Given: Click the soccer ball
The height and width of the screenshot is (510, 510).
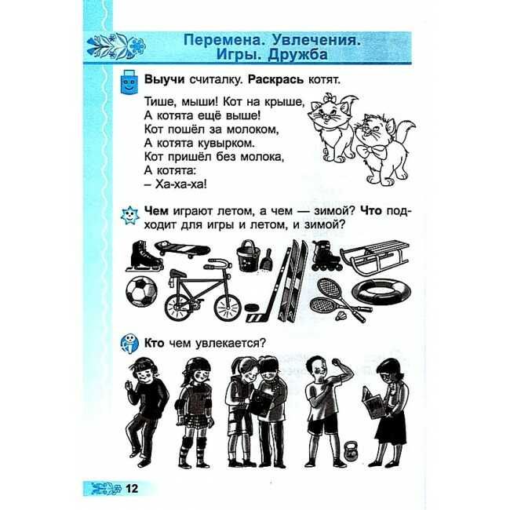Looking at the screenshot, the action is pyautogui.click(x=141, y=291).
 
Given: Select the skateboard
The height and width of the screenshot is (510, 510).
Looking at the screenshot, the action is pyautogui.click(x=182, y=250).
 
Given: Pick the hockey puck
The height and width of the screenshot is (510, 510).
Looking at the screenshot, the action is pyautogui.click(x=250, y=308).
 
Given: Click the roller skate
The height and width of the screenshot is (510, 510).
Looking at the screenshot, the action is pyautogui.click(x=326, y=256).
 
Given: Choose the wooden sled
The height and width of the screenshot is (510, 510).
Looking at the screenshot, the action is pyautogui.click(x=374, y=257).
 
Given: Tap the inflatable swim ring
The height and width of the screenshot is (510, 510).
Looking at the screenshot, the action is pyautogui.click(x=381, y=293).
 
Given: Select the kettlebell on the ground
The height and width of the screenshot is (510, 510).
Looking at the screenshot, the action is pyautogui.click(x=351, y=451).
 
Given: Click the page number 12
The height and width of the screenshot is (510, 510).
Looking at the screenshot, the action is pyautogui.click(x=132, y=488).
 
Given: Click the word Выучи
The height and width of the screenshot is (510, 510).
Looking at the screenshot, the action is pyautogui.click(x=164, y=80).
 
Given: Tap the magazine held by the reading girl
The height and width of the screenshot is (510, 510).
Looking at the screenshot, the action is pyautogui.click(x=373, y=402).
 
